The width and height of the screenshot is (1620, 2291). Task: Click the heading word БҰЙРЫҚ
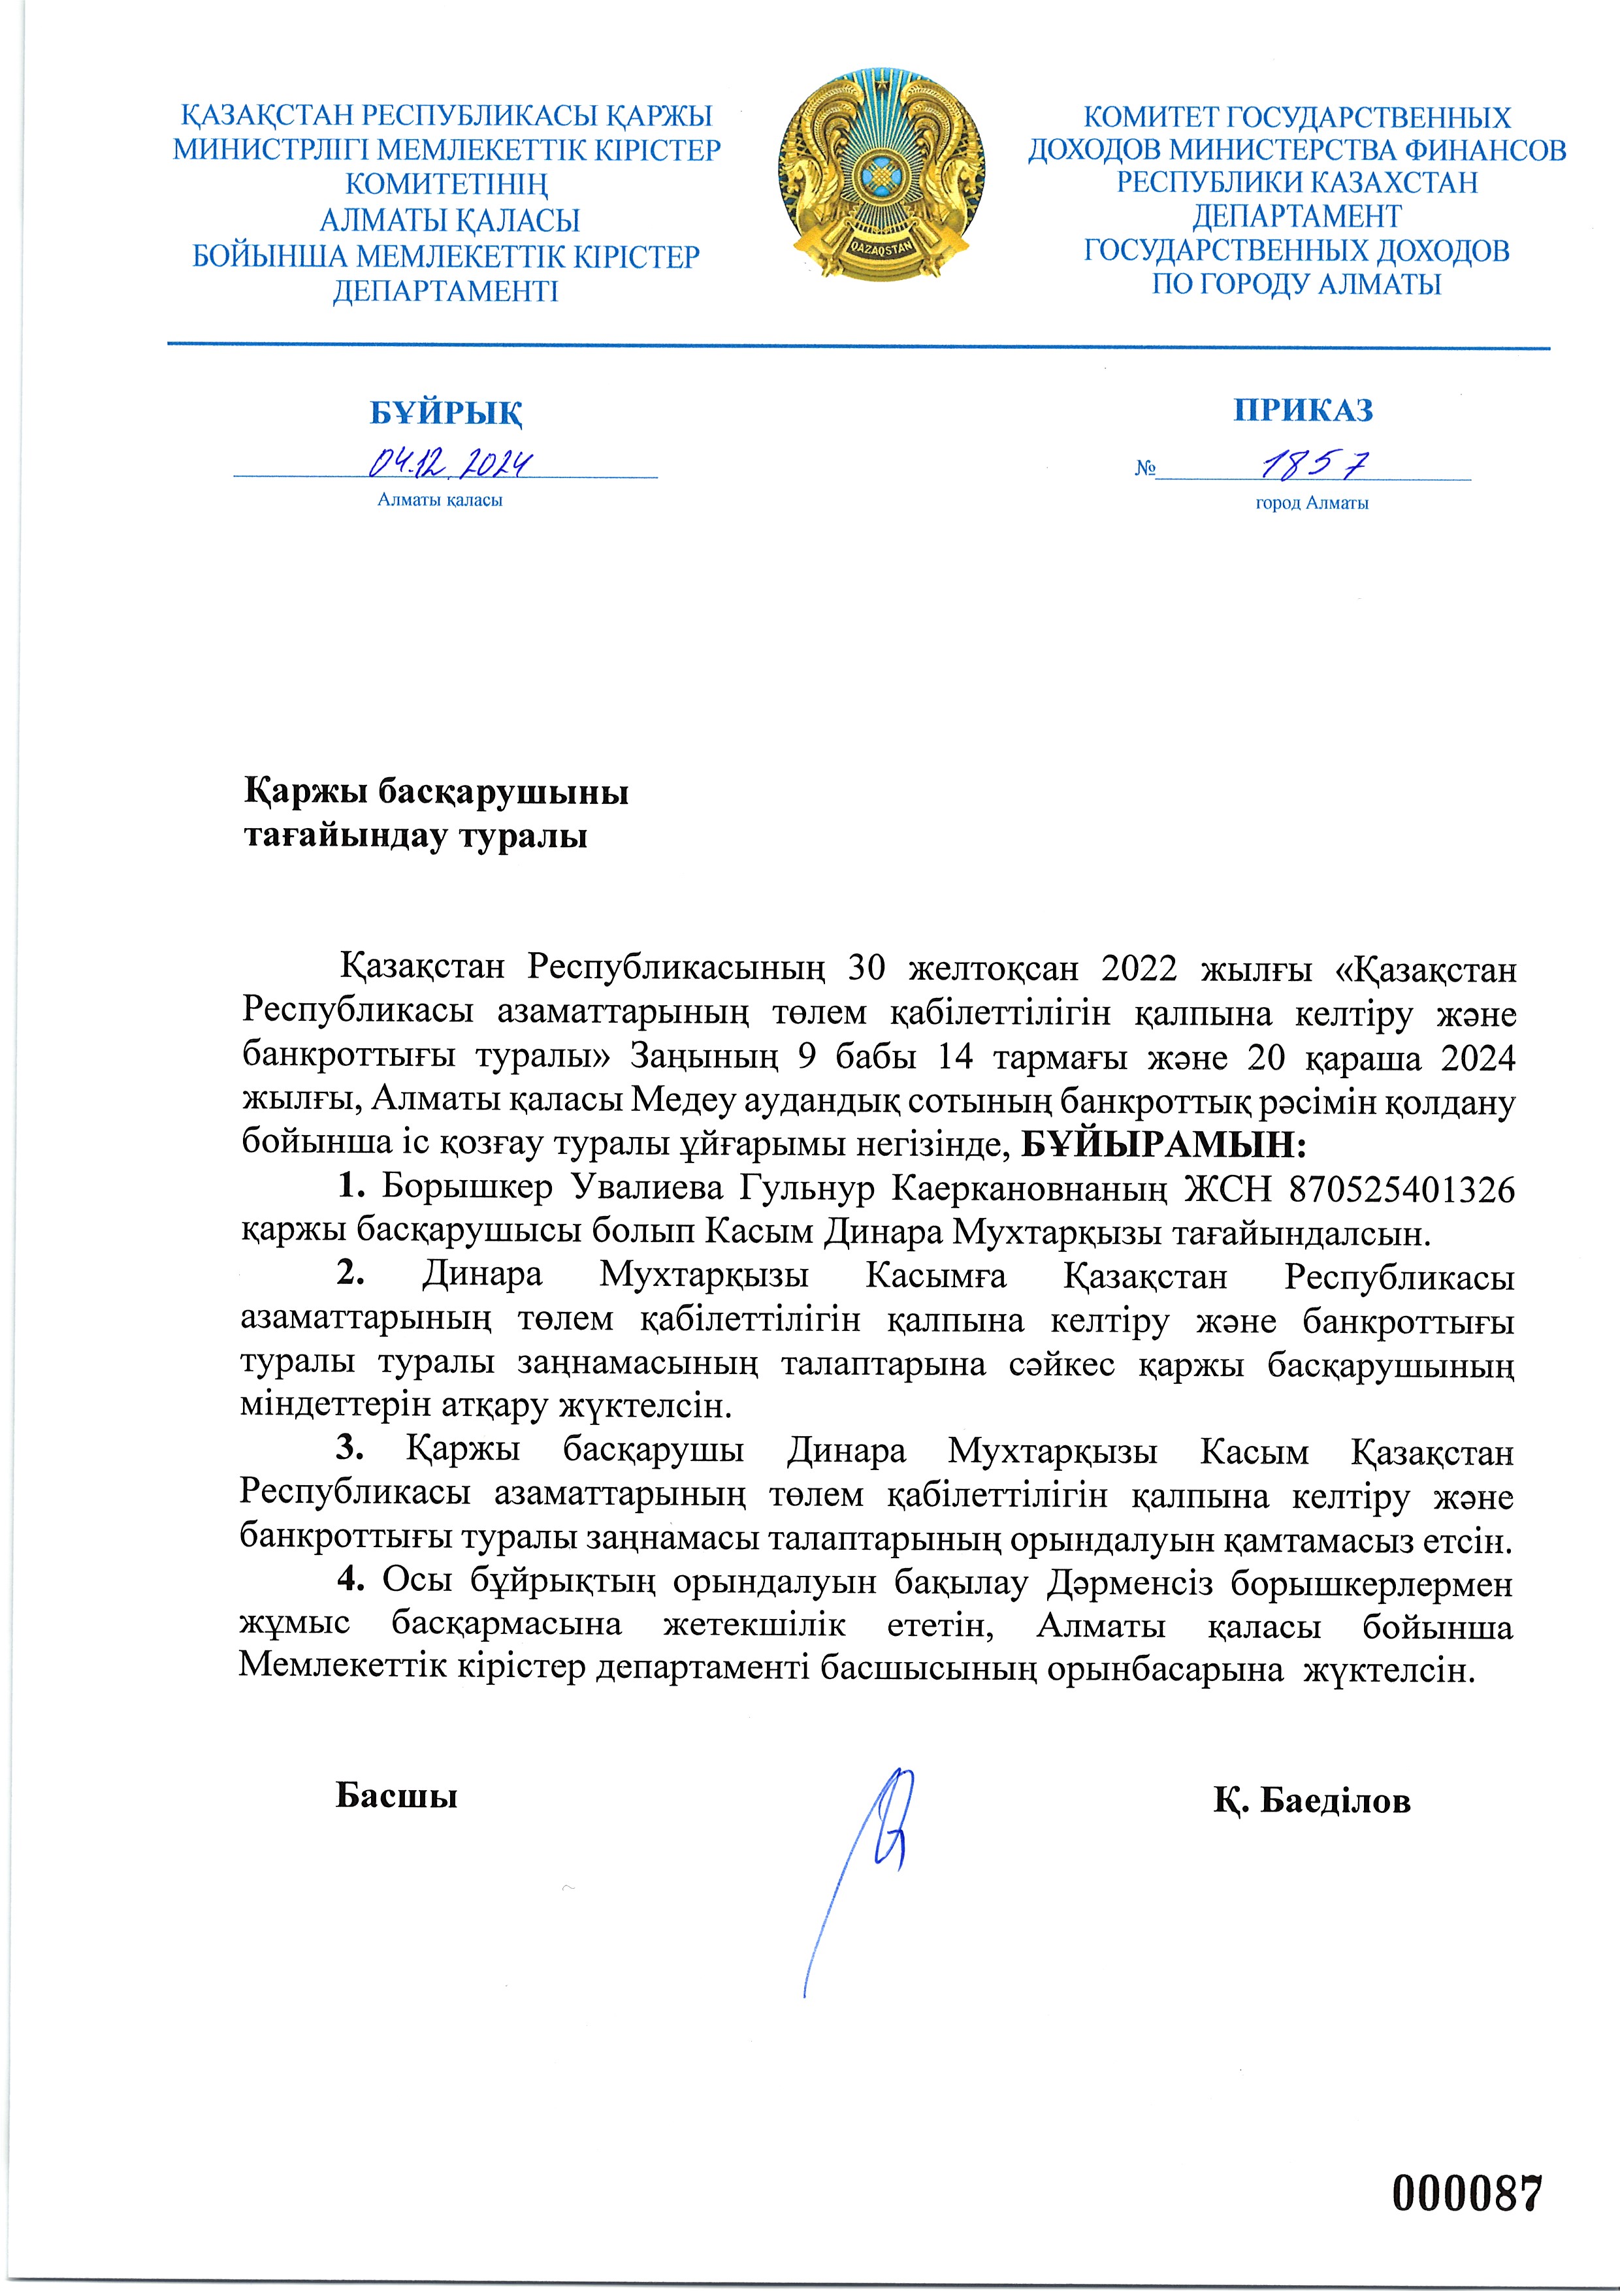pyautogui.click(x=446, y=412)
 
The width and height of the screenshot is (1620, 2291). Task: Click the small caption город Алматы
pyautogui.click(x=1312, y=503)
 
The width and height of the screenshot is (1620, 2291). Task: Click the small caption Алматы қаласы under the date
pyautogui.click(x=439, y=500)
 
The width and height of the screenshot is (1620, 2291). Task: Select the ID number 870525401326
pyautogui.click(x=1401, y=1189)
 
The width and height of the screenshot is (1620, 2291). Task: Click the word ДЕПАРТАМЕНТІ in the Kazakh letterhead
pyautogui.click(x=445, y=291)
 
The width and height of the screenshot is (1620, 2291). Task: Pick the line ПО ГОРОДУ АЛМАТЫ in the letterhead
pyautogui.click(x=1297, y=284)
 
